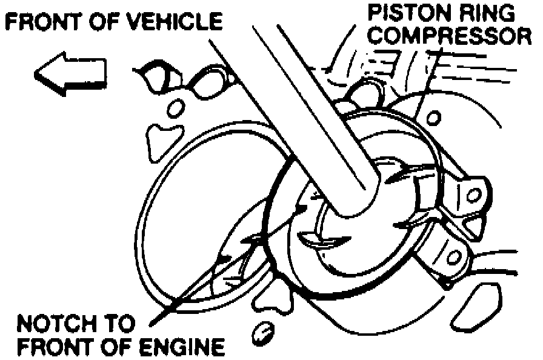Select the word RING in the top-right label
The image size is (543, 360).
click(488, 13)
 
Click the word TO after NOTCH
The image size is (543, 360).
click(119, 324)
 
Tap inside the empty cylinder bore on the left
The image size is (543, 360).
click(200, 200)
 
